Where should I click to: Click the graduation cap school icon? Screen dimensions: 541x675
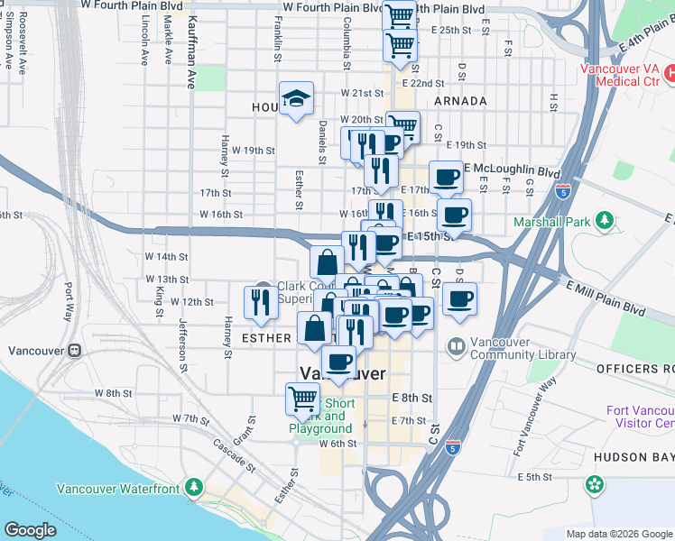point(295,100)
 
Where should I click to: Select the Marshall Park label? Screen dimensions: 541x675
point(552,221)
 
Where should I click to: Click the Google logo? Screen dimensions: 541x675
point(30,530)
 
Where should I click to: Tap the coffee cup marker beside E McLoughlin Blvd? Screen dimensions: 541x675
point(445,178)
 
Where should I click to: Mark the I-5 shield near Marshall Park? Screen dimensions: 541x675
point(563,191)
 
